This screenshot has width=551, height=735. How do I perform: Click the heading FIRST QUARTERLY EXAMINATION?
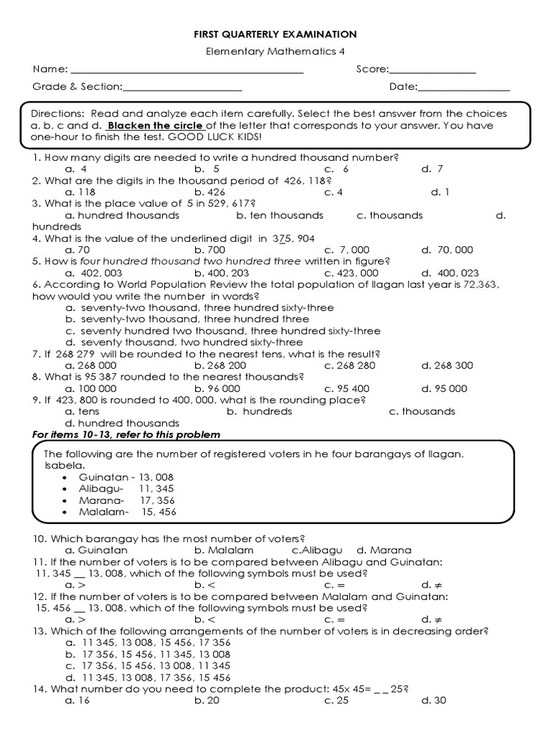point(275,34)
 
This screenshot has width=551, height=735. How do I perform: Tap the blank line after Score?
point(433,72)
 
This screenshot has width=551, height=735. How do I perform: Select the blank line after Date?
point(463,90)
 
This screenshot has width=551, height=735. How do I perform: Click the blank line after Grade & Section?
point(182,90)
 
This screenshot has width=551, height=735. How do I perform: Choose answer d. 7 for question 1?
point(433,169)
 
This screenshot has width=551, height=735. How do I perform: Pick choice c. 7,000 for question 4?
point(344,250)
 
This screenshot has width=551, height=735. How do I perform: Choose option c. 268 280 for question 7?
point(349,365)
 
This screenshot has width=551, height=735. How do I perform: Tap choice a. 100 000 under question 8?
point(90,388)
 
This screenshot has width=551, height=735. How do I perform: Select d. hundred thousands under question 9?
point(122,423)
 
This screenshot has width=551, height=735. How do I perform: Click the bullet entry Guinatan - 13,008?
point(126,477)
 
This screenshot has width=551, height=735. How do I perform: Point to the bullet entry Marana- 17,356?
point(126,500)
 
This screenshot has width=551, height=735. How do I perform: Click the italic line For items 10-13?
point(126,435)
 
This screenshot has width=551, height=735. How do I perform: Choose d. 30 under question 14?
point(434,701)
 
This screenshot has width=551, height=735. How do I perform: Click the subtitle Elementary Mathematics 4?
point(275,52)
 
